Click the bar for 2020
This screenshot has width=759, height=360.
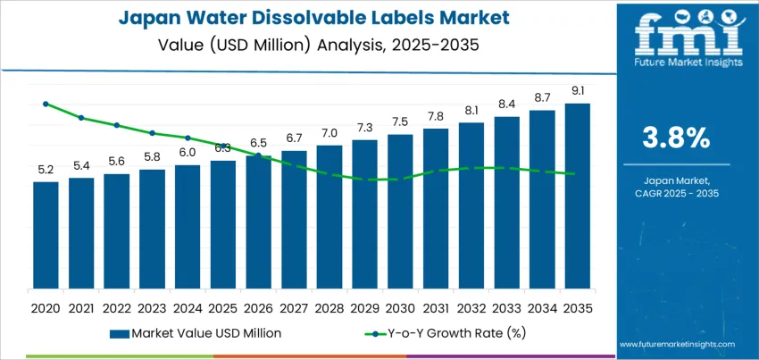46,235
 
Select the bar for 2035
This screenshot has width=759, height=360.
577,196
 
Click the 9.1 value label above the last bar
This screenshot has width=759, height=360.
577,91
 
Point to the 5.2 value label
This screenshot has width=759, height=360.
46,170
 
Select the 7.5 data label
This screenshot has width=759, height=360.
400,122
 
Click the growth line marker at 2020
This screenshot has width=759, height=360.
46,104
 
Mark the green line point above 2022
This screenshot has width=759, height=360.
116,125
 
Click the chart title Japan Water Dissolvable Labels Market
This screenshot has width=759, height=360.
307,18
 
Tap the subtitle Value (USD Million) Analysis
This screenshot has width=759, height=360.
307,43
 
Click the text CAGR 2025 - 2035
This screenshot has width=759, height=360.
675,193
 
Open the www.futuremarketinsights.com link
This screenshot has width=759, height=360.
675,344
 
